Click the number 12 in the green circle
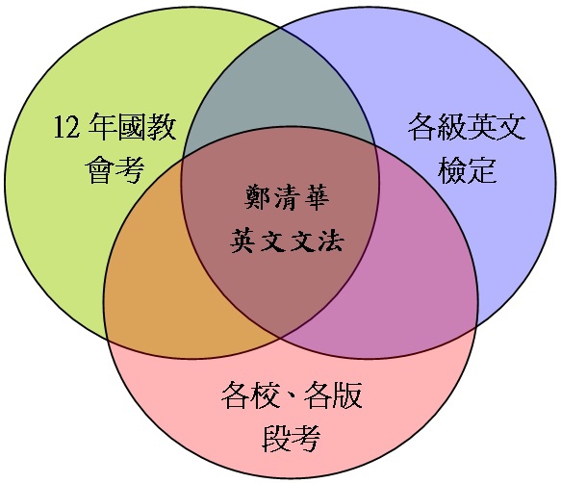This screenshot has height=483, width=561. click(x=66, y=127)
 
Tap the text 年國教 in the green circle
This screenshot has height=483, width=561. click(x=133, y=127)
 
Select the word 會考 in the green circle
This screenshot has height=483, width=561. click(x=115, y=170)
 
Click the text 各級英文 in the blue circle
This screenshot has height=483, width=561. click(x=467, y=127)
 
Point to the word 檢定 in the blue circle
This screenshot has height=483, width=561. click(x=467, y=170)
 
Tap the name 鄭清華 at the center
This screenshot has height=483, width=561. click(x=287, y=197)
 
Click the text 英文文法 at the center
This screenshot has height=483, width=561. click(x=287, y=241)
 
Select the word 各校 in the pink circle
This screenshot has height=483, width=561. click(x=250, y=395)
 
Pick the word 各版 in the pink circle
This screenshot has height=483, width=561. click(x=333, y=395)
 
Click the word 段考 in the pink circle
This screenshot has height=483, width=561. click(x=292, y=439)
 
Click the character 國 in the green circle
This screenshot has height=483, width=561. click(x=133, y=127)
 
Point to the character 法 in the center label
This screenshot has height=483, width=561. click(x=331, y=241)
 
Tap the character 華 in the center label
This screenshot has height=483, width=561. click(x=317, y=197)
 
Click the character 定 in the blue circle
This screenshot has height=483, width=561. click(x=482, y=170)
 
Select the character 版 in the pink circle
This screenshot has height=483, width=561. click(x=347, y=395)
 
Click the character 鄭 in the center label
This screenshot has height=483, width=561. click(x=257, y=197)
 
